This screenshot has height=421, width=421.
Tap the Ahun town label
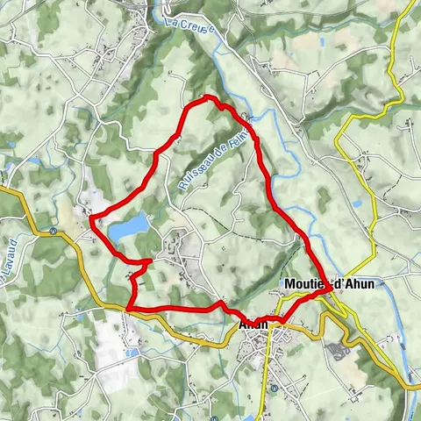253,323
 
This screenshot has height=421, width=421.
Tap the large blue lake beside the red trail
128,228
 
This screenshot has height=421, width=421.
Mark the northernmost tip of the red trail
207,96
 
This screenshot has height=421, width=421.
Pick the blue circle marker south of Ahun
274,388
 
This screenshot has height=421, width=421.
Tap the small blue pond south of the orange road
132,353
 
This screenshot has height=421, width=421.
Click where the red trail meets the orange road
129,309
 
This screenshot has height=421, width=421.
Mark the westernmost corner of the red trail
91,222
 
